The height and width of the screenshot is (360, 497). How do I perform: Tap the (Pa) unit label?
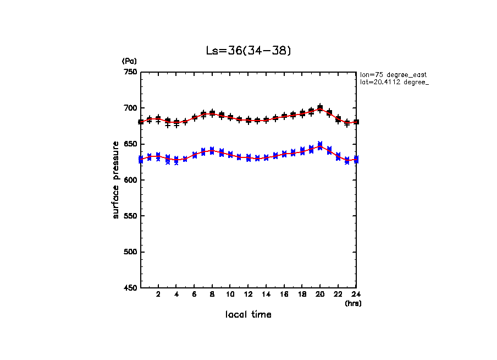pos(129,61)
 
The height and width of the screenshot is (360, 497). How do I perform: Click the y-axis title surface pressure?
pos(116,180)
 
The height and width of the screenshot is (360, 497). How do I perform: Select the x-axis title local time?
pos(248,315)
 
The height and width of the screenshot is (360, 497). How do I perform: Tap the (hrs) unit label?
pos(352,303)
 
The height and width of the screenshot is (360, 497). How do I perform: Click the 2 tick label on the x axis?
pos(158,295)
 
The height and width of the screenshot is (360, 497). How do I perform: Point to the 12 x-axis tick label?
pos(248,295)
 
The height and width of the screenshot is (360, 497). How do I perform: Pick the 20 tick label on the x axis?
pos(320,295)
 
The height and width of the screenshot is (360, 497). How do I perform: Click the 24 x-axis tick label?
pos(356,295)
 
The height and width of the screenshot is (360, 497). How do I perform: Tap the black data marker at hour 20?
pos(320,108)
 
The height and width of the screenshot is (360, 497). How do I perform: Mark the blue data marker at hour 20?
pos(320,145)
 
